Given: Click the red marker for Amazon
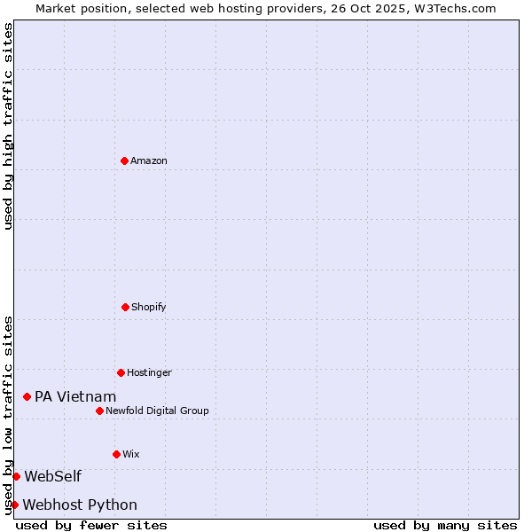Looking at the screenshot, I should [124, 160].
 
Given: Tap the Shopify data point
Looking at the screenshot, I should [125, 307].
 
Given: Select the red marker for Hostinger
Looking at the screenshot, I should [121, 372].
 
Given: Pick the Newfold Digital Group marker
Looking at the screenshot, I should [99, 411].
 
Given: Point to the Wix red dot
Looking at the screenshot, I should [116, 454].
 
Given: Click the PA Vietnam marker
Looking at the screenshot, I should [27, 396].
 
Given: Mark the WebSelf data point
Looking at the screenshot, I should [16, 476].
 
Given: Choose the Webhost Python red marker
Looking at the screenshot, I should [14, 505].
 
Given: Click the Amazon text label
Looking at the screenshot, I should [149, 160].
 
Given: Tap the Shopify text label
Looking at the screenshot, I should [149, 307].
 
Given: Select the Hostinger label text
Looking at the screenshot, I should [149, 372].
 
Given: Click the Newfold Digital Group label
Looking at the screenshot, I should [157, 411].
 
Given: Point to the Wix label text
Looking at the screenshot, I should [131, 454].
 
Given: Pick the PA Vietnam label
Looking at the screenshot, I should [75, 396].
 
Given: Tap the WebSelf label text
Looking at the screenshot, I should [52, 476].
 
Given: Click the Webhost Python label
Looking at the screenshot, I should [80, 505].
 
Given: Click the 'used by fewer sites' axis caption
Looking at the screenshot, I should [91, 525].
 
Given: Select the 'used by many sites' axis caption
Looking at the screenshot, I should [445, 525].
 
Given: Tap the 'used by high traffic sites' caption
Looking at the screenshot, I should [9, 126].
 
